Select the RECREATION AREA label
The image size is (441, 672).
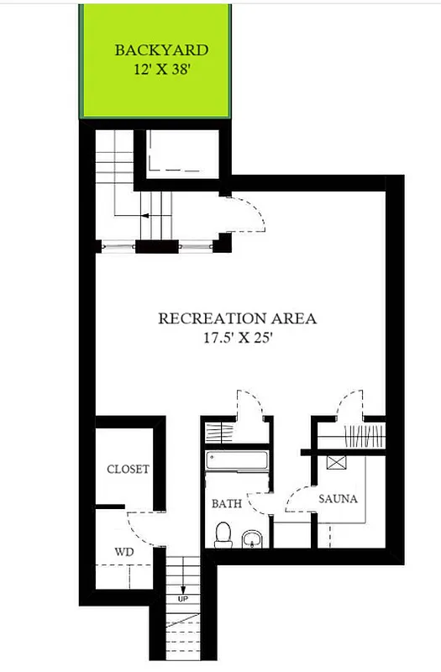(x=238, y=318)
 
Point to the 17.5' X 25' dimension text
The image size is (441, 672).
(x=238, y=339)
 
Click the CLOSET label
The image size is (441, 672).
(x=128, y=469)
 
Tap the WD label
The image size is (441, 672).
(x=123, y=553)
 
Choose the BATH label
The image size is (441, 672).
(x=226, y=504)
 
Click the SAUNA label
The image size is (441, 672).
(x=338, y=498)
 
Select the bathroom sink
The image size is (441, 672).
(x=251, y=537)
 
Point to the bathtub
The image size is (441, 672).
(x=237, y=462)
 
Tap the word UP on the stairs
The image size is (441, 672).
(x=182, y=600)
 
